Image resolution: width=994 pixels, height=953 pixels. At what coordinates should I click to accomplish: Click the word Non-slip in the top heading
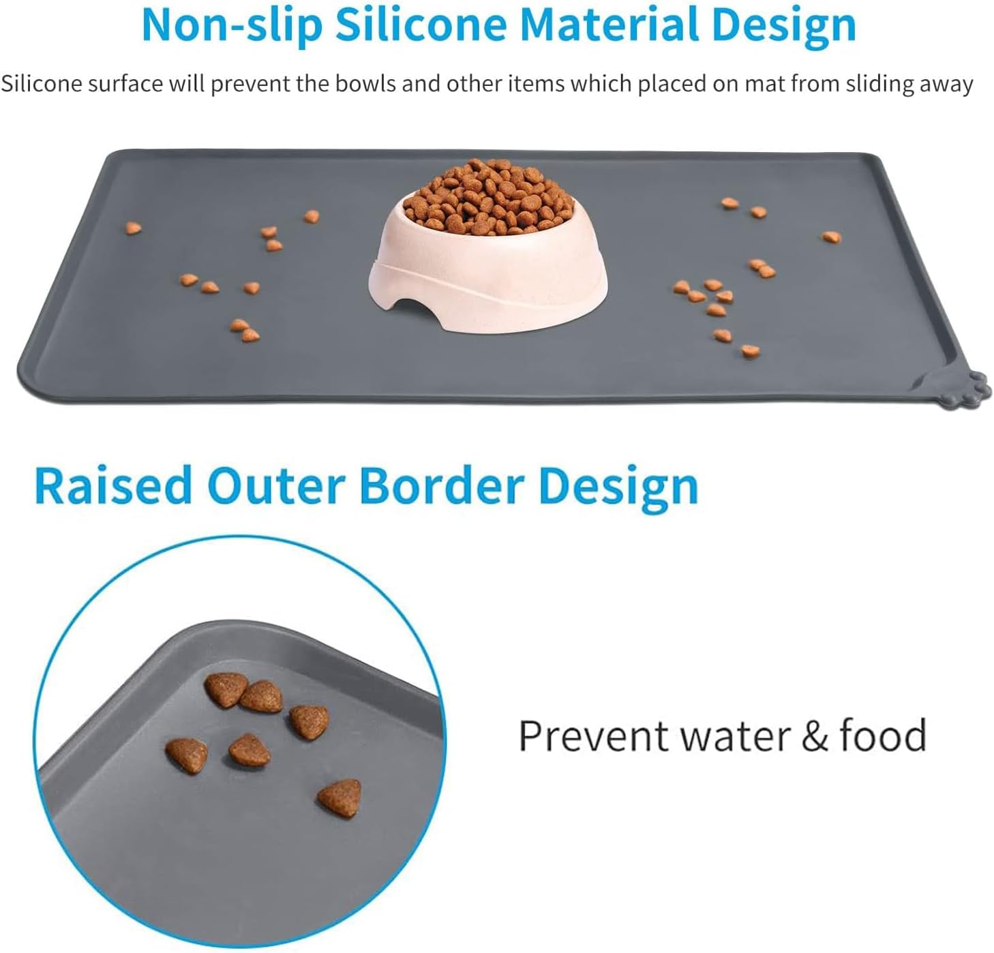[232, 25]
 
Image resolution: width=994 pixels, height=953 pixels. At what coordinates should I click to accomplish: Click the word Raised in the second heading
[113, 486]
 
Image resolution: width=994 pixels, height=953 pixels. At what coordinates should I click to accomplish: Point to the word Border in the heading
[442, 486]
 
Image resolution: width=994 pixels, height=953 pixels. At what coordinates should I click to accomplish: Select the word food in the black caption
[883, 736]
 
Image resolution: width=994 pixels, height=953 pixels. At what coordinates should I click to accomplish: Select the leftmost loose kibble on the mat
[133, 228]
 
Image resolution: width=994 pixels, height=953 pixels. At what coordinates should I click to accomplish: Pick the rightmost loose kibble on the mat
[830, 237]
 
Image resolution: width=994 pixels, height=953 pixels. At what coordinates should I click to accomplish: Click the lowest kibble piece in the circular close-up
[340, 798]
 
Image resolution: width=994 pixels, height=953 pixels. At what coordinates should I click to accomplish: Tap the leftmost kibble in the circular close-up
[187, 755]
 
